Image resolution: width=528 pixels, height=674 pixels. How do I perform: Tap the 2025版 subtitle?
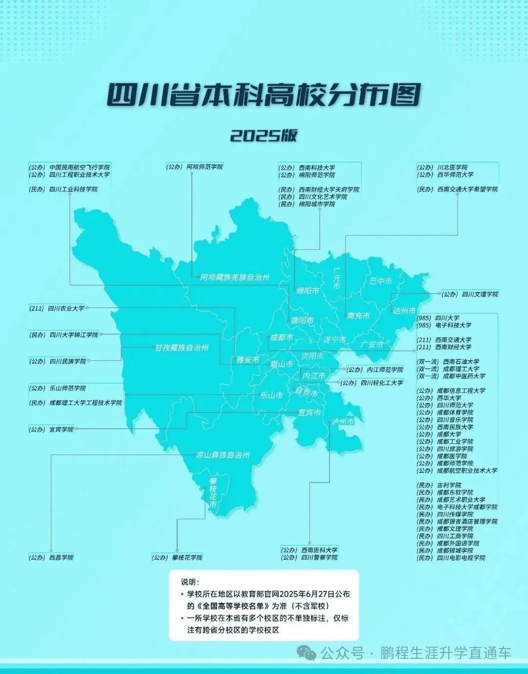(x=264, y=135)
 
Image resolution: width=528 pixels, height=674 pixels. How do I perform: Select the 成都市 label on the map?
(x=282, y=338)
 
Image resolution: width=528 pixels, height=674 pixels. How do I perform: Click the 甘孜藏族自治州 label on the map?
(x=182, y=348)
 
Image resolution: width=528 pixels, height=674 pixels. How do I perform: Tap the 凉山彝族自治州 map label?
(x=223, y=455)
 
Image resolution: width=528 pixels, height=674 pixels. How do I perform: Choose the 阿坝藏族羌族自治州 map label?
(x=235, y=278)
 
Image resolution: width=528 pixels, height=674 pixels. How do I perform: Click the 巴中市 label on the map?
(x=381, y=281)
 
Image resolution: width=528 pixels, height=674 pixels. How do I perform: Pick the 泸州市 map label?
(x=343, y=422)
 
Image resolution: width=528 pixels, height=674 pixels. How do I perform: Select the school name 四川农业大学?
(x=66, y=308)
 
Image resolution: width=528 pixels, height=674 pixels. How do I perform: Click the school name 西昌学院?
(x=61, y=557)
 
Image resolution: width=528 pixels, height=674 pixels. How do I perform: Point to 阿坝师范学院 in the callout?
(x=204, y=167)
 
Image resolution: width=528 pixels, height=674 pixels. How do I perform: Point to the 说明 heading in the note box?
(x=190, y=582)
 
